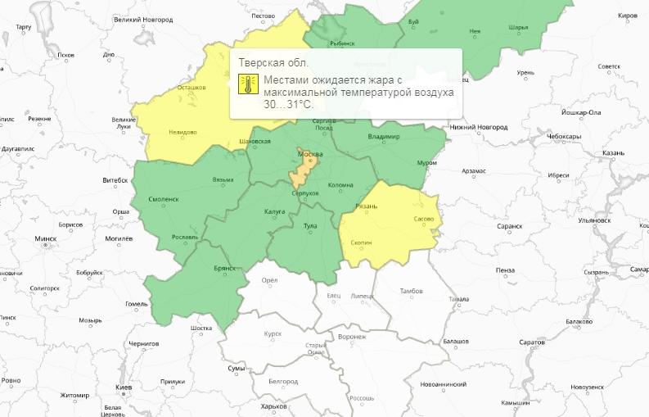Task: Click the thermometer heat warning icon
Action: pos(248,84)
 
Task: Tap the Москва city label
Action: pos(310,154)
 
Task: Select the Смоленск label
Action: pos(165,199)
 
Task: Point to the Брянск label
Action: pos(224,268)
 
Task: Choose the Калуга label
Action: pos(274,211)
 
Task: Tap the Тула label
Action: pos(310,224)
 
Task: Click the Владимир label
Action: pos(384,136)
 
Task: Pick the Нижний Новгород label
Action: pos(479,127)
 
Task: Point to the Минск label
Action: pos(45,239)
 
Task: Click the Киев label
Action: pos(124,386)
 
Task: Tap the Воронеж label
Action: pos(351,337)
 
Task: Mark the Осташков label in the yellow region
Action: pos(191,87)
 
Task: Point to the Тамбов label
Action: pos(411,291)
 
